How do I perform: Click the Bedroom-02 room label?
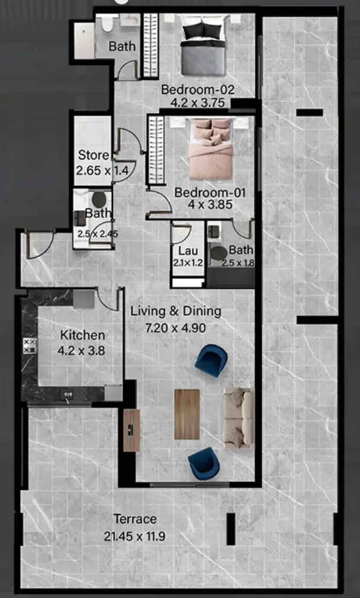[x=198, y=90]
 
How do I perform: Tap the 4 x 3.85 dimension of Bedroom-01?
[x=210, y=204]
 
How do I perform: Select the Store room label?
[x=94, y=155]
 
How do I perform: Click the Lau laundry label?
[x=188, y=251]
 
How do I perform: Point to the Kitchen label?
[x=82, y=335]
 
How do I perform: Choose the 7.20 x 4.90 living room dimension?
[x=176, y=327]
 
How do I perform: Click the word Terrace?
[x=135, y=519]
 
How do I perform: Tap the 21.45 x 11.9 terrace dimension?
[x=134, y=536]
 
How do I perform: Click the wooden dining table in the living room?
[x=187, y=414]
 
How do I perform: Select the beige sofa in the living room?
[x=239, y=418]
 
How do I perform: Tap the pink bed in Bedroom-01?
[x=211, y=149]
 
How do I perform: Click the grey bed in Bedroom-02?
[x=203, y=49]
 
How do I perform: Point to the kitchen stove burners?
[x=30, y=346]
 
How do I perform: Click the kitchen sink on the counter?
[x=68, y=394]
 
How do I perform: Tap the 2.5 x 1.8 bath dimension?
[x=241, y=263]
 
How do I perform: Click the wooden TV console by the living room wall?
[x=131, y=430]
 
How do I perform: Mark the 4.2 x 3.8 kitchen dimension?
[x=81, y=351]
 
